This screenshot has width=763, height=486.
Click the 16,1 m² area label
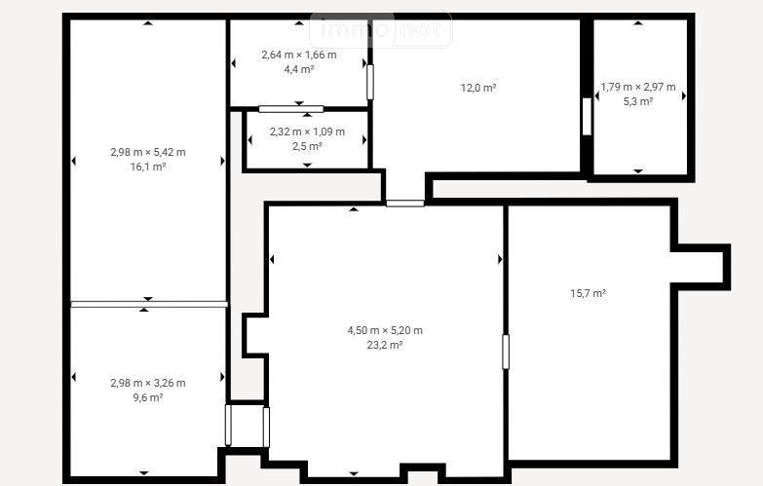pyautogui.click(x=148, y=167)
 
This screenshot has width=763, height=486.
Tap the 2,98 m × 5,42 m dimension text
pyautogui.click(x=148, y=152)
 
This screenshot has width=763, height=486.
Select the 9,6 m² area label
pyautogui.click(x=148, y=397)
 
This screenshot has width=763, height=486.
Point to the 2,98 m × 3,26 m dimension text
pyautogui.click(x=148, y=383)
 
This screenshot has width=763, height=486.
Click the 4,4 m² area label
pyautogui.click(x=299, y=69)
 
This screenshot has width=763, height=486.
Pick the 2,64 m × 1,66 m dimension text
pyautogui.click(x=299, y=55)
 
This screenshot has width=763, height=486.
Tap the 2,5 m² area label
pyautogui.click(x=307, y=146)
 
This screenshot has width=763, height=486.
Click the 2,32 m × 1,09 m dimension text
pyautogui.click(x=307, y=131)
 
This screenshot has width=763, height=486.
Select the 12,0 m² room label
pyautogui.click(x=478, y=88)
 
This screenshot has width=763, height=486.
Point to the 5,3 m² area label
pyautogui.click(x=638, y=101)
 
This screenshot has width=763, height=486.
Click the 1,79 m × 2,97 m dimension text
pyautogui.click(x=638, y=87)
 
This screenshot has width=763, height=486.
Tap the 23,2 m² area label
pyautogui.click(x=384, y=345)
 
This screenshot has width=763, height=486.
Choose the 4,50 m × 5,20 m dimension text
pyautogui.click(x=384, y=330)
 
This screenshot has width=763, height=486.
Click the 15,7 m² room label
pyautogui.click(x=588, y=293)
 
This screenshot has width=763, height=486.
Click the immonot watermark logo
pyautogui.click(x=381, y=29)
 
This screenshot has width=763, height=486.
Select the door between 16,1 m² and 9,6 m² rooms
pyautogui.click(x=149, y=304)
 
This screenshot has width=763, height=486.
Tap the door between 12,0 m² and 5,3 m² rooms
pyautogui.click(x=587, y=117)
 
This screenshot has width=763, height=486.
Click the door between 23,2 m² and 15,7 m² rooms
pyautogui.click(x=506, y=352)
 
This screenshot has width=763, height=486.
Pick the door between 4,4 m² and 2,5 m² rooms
pyautogui.click(x=291, y=109)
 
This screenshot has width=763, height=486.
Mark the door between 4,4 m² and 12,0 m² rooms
pyautogui.click(x=370, y=82)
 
